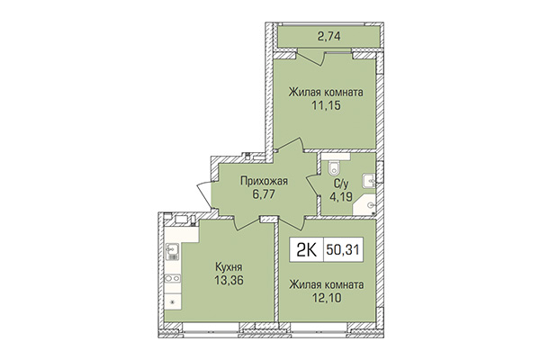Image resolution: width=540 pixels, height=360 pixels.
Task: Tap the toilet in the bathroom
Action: (x=332, y=166)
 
